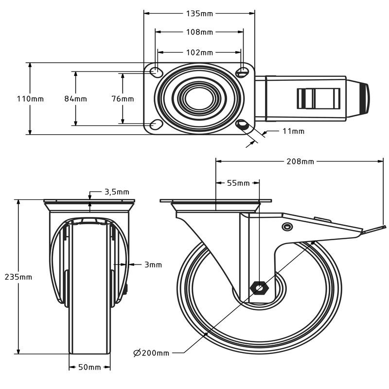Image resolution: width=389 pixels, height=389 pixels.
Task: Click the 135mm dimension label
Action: (x=199, y=14)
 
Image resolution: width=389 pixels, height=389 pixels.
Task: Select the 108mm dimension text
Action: (x=199, y=32)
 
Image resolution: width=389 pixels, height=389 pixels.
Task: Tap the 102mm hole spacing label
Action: (x=199, y=52)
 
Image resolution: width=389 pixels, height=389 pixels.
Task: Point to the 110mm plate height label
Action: (x=30, y=99)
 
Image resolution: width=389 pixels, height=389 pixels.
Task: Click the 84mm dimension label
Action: (x=75, y=99)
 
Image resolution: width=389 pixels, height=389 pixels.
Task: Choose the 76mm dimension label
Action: (x=123, y=99)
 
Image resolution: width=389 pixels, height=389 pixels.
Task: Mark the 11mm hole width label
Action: (x=293, y=131)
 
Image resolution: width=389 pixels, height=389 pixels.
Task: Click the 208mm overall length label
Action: (x=300, y=161)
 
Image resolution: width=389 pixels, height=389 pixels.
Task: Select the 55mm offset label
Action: (x=238, y=183)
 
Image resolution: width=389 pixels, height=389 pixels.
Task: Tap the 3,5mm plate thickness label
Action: (x=117, y=192)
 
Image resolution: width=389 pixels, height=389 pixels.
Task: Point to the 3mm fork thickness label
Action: (x=153, y=265)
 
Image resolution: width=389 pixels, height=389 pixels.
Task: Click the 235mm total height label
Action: (x=18, y=277)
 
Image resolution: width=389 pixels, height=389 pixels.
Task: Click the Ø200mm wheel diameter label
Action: (x=151, y=353)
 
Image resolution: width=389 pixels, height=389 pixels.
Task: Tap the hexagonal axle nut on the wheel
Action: (x=259, y=288)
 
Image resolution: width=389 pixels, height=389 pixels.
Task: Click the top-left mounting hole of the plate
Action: (x=156, y=72)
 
